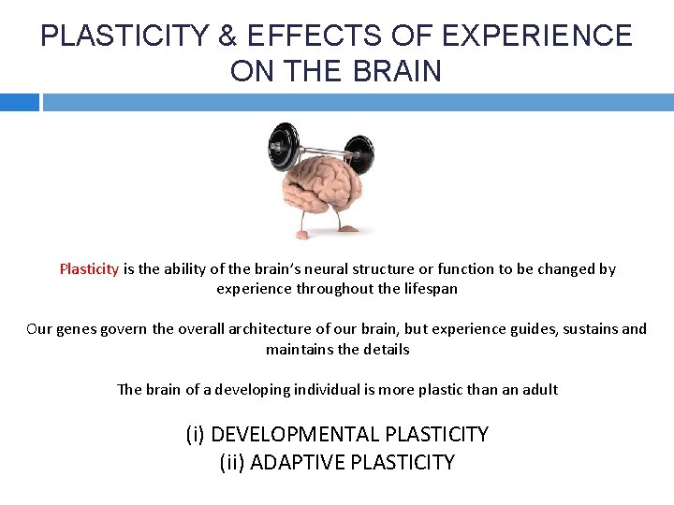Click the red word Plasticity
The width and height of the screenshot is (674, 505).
89,269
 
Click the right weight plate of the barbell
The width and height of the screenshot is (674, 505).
359,152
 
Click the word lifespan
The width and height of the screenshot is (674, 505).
427,289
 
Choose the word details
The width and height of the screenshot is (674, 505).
385,350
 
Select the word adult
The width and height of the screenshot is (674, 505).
539,389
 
